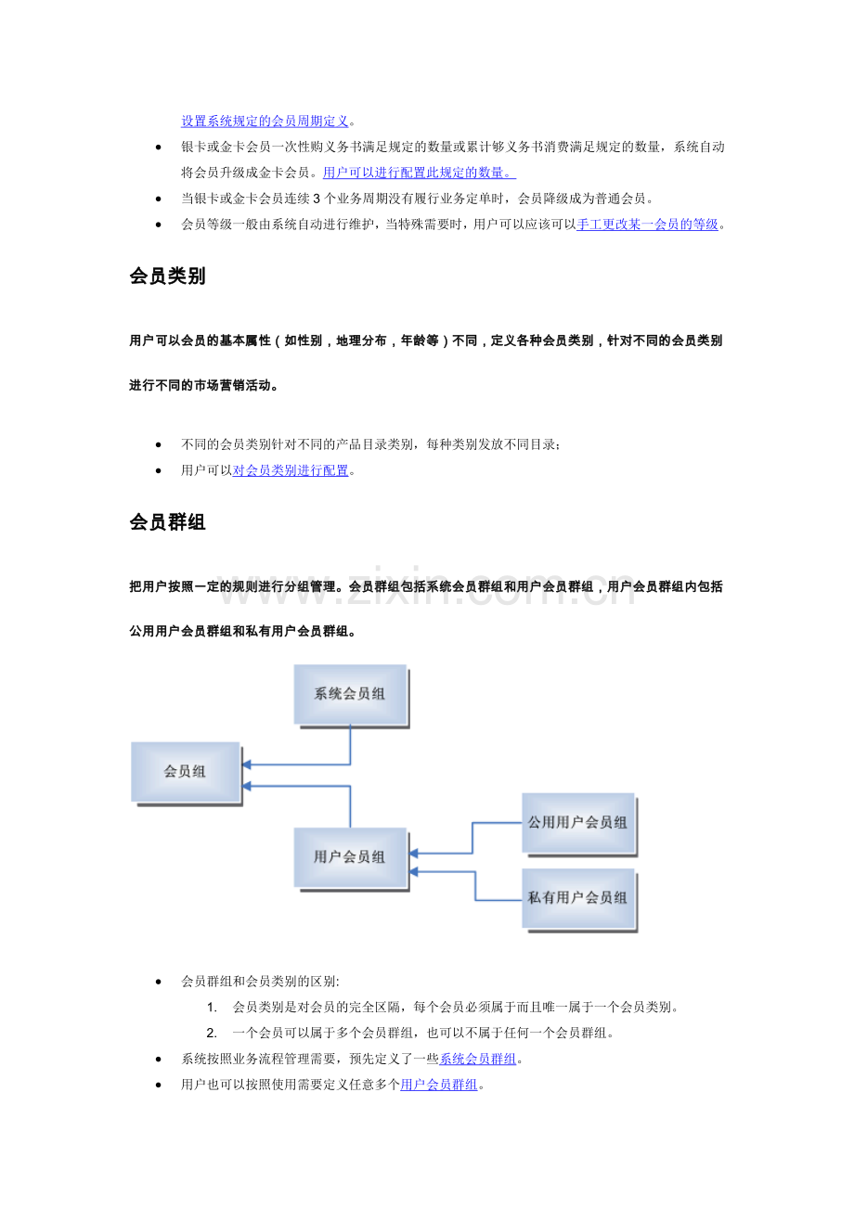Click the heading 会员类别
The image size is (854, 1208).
click(x=167, y=276)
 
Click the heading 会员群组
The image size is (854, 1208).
click(x=167, y=522)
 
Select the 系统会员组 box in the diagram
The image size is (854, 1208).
click(x=351, y=695)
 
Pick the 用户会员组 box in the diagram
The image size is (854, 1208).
click(x=351, y=858)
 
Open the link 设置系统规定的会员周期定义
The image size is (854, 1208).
click(x=265, y=122)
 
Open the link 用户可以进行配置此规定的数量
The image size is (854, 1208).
click(x=420, y=173)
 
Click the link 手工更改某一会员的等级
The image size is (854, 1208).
click(x=647, y=225)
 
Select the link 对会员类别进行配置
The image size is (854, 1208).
click(x=291, y=470)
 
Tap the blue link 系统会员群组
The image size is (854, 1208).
click(x=478, y=1060)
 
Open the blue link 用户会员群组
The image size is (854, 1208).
click(x=439, y=1085)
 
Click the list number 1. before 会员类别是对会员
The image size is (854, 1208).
click(x=212, y=1007)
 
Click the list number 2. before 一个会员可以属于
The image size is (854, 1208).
click(x=212, y=1033)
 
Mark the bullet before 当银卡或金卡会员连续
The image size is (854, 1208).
click(x=158, y=199)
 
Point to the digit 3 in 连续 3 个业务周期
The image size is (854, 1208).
click(x=317, y=199)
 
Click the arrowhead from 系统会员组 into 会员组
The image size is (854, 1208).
click(x=247, y=765)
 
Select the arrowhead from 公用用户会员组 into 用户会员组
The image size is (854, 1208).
click(x=414, y=854)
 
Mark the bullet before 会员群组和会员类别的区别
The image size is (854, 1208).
click(x=158, y=982)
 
